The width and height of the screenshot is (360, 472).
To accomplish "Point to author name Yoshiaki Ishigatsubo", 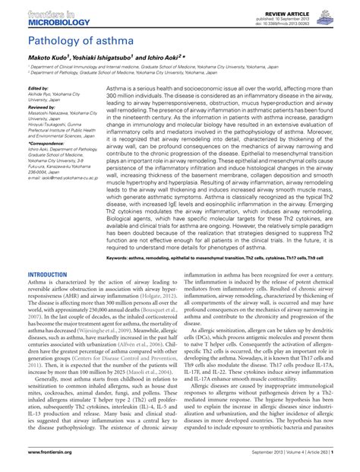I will coord(108,57).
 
